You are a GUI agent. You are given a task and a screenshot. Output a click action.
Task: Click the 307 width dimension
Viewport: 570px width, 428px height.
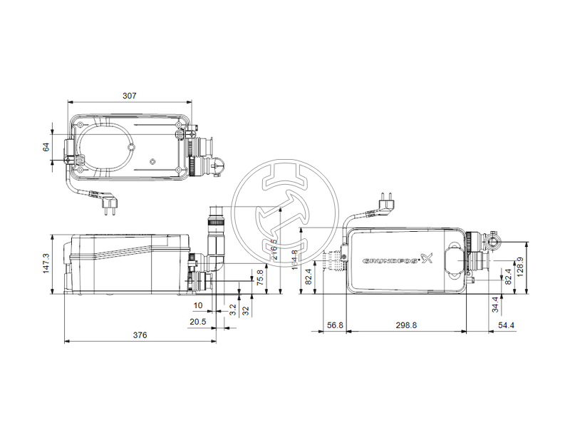click(129, 95)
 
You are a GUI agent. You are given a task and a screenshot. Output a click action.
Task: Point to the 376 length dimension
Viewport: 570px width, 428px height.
click(140, 335)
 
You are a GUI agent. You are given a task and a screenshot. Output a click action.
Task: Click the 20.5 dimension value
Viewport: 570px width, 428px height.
click(198, 322)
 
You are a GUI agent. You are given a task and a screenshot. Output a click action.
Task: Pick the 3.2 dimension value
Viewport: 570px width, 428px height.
click(233, 311)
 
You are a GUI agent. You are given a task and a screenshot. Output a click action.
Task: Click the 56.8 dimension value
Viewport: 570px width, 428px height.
click(335, 325)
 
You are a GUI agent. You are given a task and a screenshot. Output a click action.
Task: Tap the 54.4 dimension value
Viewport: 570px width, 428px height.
click(505, 325)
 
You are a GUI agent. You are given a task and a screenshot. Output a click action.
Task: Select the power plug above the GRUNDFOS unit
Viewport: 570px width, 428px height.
click(385, 199)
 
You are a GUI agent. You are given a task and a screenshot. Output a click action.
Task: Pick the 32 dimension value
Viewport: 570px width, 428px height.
click(246, 311)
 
